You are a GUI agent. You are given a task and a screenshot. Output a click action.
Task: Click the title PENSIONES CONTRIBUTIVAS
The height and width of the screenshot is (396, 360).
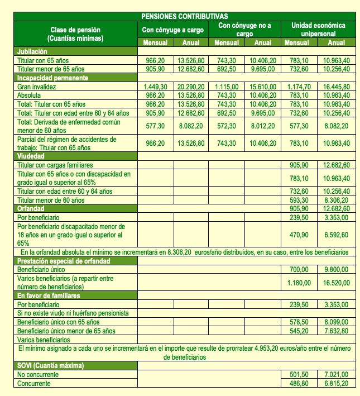[180, 17]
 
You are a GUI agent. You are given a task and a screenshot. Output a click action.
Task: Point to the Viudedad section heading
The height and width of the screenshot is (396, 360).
[32, 156]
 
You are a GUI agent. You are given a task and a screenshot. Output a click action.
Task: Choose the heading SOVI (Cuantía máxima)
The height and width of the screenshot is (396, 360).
[50, 366]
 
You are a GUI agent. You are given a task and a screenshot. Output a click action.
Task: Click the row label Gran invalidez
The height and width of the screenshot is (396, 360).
[39, 87]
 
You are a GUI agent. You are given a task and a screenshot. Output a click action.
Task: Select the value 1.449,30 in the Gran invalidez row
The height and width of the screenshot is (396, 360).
[155, 87]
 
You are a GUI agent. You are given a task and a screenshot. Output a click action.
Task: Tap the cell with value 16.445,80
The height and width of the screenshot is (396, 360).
[335, 87]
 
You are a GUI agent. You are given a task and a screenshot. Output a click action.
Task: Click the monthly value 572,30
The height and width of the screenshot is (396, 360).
[226, 126]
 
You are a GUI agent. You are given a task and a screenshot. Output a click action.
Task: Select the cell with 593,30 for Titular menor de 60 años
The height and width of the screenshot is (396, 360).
[299, 200]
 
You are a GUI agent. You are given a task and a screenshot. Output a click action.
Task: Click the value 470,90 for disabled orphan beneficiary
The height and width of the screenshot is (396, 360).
[299, 235]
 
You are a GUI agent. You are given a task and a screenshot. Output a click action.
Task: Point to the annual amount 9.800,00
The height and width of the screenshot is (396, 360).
[335, 269]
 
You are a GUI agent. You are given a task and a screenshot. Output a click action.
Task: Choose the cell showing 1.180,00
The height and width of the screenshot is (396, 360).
[299, 282]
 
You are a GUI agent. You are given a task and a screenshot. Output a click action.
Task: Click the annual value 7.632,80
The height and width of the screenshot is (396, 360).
[335, 331]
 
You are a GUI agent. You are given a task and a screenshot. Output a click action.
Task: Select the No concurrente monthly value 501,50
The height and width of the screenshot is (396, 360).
[299, 375]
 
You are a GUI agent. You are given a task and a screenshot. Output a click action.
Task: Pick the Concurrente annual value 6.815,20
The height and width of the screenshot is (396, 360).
[335, 384]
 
